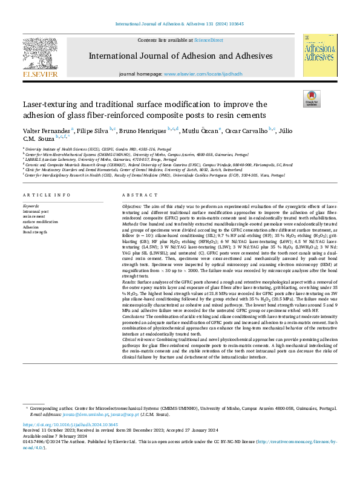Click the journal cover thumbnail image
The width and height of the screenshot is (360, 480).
click(x=319, y=56)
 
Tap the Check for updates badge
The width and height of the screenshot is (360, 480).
click(x=310, y=98)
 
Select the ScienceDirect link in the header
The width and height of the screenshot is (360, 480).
click(x=208, y=40)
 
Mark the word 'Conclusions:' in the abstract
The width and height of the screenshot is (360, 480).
click(x=136, y=317)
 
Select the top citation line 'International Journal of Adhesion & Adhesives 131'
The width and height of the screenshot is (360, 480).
click(x=179, y=24)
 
